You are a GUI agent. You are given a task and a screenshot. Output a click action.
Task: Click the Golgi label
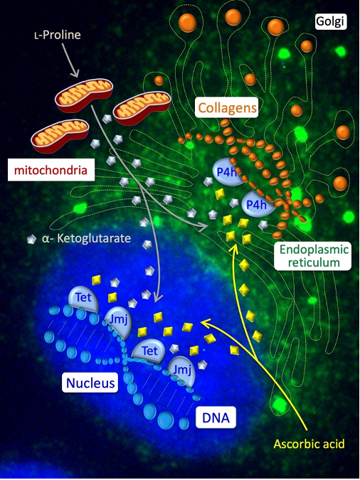[331, 21]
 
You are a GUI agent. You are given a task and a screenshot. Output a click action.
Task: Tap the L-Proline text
[58, 35]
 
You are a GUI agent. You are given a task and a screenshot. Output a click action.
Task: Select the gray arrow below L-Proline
[70, 60]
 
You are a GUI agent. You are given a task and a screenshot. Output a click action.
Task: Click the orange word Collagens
[227, 108]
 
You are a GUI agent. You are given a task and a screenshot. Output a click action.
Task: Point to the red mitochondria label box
[51, 170]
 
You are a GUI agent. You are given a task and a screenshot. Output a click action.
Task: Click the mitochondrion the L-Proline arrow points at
[84, 95]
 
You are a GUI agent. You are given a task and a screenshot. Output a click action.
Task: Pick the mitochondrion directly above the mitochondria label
[60, 136]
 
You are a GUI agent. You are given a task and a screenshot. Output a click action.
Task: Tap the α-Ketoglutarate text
[86, 238]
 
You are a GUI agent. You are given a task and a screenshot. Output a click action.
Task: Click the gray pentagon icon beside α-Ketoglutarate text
[31, 239]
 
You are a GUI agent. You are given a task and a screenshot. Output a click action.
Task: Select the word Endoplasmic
[314, 250]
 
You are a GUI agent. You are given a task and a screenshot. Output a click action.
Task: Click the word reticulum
[314, 262]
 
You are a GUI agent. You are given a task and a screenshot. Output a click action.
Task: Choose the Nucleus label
[90, 383]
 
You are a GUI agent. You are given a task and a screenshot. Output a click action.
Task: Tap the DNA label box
[216, 417]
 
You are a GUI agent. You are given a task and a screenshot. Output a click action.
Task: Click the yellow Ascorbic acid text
[309, 444]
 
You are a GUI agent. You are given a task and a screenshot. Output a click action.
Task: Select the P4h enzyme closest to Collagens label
[227, 172]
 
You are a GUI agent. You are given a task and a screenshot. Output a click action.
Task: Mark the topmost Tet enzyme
[83, 299]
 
